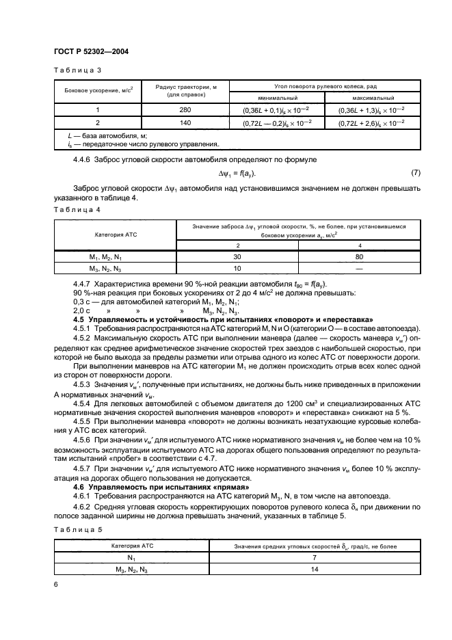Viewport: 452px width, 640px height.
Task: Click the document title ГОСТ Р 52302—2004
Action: pyautogui.click(x=91, y=52)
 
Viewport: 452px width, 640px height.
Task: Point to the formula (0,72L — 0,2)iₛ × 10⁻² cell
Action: pyautogui.click(x=272, y=122)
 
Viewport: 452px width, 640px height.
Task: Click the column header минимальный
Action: pyautogui.click(x=272, y=98)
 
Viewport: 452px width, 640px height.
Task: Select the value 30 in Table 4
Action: pyautogui.click(x=238, y=256)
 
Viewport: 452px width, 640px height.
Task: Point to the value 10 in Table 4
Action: pyautogui.click(x=238, y=267)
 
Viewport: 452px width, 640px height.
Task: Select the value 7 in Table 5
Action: pyautogui.click(x=314, y=558)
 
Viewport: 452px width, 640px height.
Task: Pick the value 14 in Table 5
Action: pyautogui.click(x=314, y=570)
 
